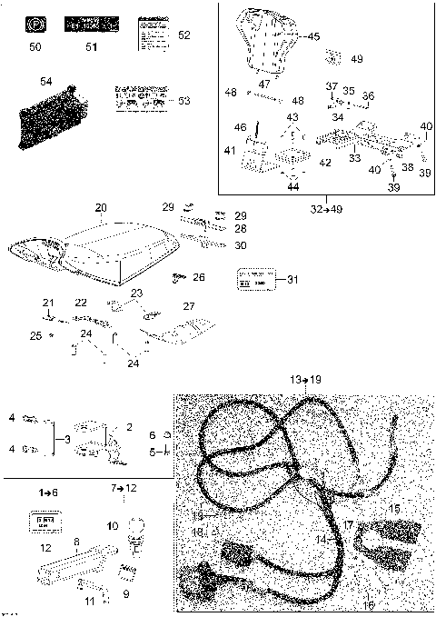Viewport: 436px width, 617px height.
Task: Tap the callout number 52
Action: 184,35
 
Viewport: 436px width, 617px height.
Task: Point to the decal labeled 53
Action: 139,98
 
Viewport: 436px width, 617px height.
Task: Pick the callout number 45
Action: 313,36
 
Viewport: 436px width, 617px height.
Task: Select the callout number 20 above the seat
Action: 101,207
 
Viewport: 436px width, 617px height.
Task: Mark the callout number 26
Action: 199,276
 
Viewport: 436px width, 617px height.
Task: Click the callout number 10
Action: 112,526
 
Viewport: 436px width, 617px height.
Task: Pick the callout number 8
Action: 76,541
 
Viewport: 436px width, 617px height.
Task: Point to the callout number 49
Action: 356,59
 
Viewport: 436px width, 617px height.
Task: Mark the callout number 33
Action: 355,157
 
